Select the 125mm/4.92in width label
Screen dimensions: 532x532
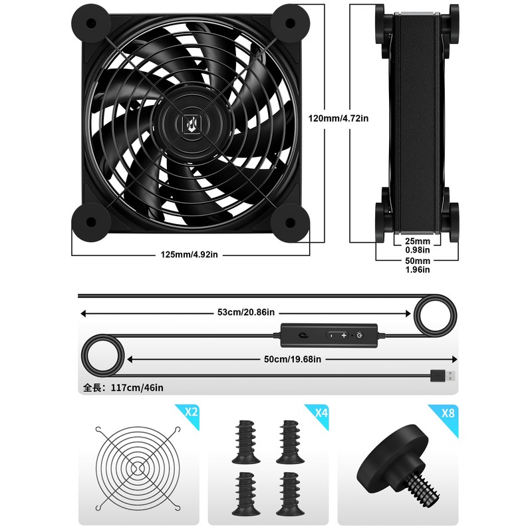[190, 255]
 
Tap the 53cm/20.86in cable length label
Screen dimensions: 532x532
[247, 312]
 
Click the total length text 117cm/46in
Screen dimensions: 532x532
[124, 387]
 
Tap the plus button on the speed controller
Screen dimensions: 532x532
[344, 336]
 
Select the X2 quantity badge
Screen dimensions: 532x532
[191, 412]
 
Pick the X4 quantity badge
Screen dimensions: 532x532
[321, 412]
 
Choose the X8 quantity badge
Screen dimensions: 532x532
[449, 412]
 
